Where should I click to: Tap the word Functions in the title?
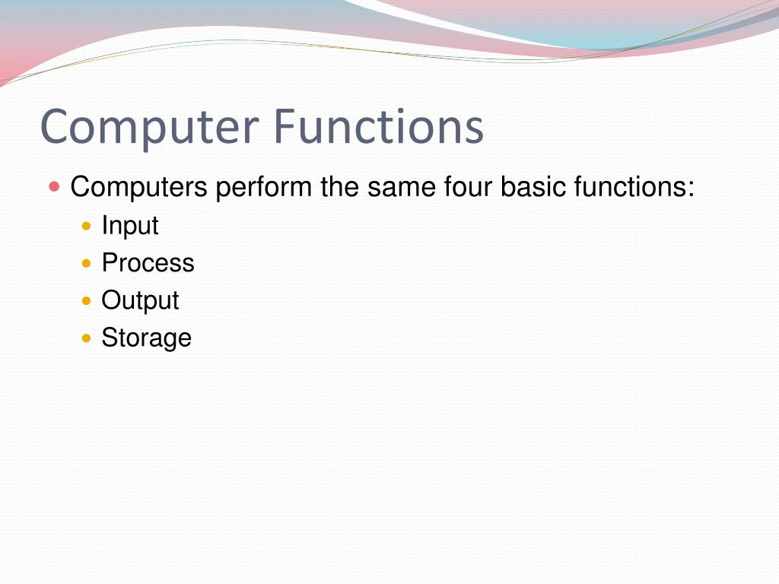(378, 127)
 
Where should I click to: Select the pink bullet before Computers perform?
(54, 186)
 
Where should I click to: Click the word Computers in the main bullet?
(138, 187)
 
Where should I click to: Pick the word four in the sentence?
(467, 187)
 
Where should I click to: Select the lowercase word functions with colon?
(632, 187)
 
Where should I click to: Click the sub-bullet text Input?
(130, 226)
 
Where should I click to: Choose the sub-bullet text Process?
(148, 263)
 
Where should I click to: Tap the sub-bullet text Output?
(140, 300)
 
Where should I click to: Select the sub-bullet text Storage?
(146, 338)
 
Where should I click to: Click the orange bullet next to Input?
(86, 226)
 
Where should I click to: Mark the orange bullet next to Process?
(86, 263)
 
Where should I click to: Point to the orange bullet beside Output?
(86, 300)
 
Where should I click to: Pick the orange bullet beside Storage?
(86, 338)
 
